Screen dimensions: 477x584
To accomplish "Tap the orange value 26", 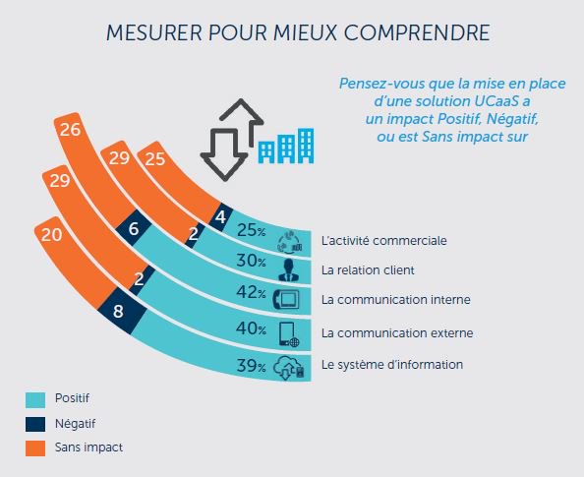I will tap(69, 129).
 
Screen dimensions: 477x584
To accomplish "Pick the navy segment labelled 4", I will tap(221, 216).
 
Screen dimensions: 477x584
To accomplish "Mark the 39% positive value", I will tap(252, 366).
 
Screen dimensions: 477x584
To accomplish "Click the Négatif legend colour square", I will tap(36, 423).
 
